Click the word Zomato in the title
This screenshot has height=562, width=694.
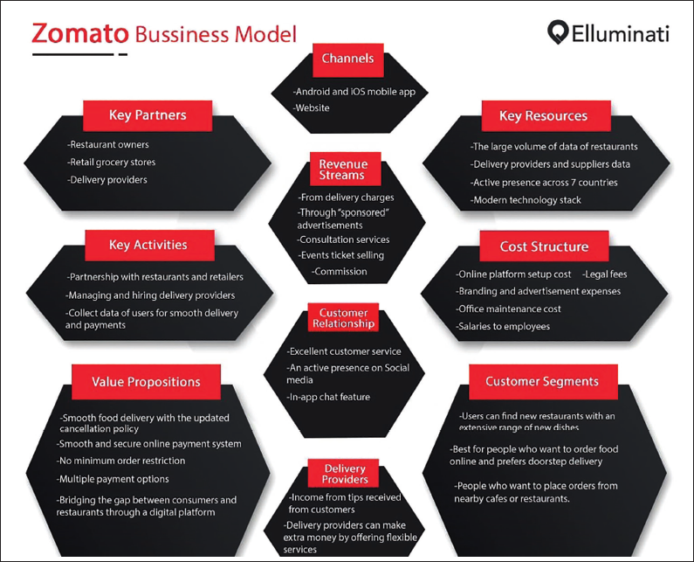point(80,34)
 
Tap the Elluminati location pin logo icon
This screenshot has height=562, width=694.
point(558,32)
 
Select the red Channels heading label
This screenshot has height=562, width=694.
point(348,59)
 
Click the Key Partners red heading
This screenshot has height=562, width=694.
point(148,115)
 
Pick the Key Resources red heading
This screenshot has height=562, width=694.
point(546,115)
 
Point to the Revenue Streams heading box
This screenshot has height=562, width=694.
point(345,169)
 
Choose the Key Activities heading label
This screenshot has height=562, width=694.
point(149,245)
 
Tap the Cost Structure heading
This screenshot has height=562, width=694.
point(545,246)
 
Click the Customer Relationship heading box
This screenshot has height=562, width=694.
point(343,317)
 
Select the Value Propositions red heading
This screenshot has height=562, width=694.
point(146,382)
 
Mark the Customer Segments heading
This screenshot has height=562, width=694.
point(543,382)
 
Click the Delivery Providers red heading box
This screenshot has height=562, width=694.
point(343,474)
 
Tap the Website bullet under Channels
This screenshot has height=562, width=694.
point(311,108)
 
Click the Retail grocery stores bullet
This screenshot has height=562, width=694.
point(112,162)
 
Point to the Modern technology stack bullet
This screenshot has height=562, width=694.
point(526,200)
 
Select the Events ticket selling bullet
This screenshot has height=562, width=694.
point(340,255)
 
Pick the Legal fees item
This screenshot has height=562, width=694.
point(605,274)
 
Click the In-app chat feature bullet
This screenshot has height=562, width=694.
point(328,397)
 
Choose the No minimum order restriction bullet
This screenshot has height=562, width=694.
point(120,461)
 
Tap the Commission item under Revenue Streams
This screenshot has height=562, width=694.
point(340,271)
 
